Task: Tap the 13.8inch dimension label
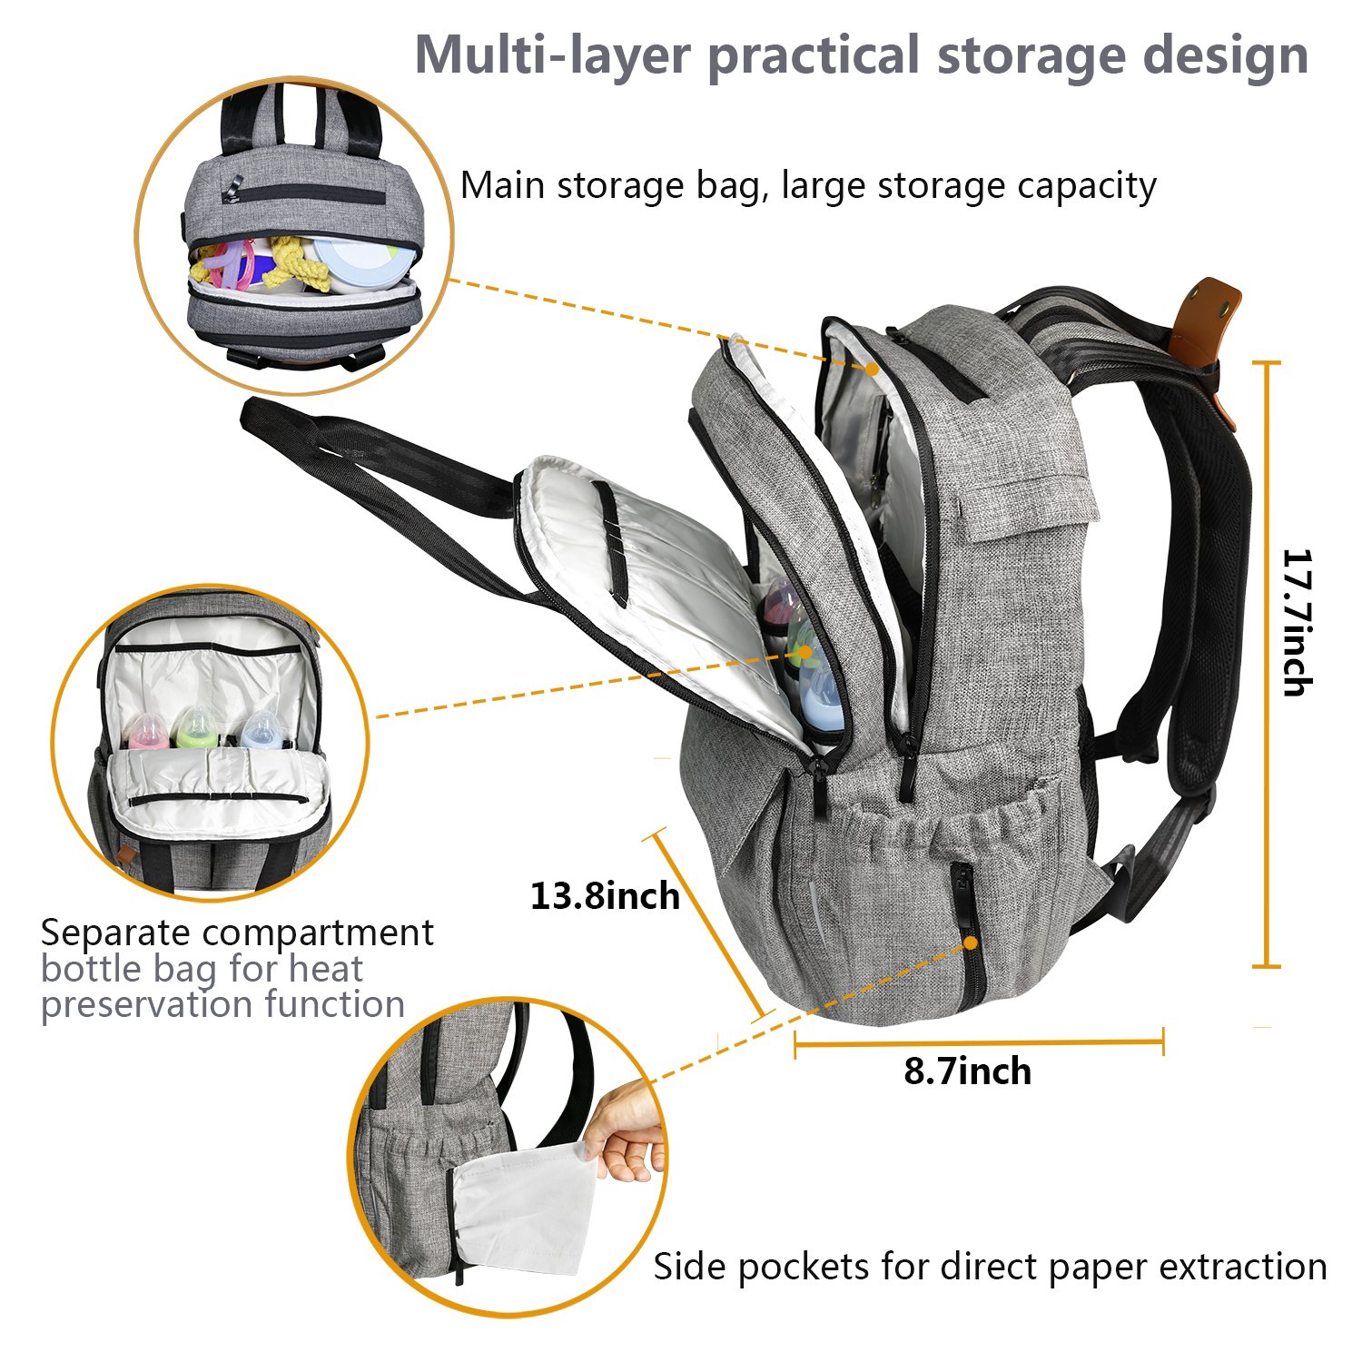click(x=605, y=896)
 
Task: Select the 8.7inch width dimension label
click(x=967, y=1071)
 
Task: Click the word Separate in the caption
click(x=116, y=933)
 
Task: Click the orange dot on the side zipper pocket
click(x=971, y=943)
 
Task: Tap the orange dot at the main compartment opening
click(x=872, y=369)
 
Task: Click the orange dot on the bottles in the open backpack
click(x=804, y=650)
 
